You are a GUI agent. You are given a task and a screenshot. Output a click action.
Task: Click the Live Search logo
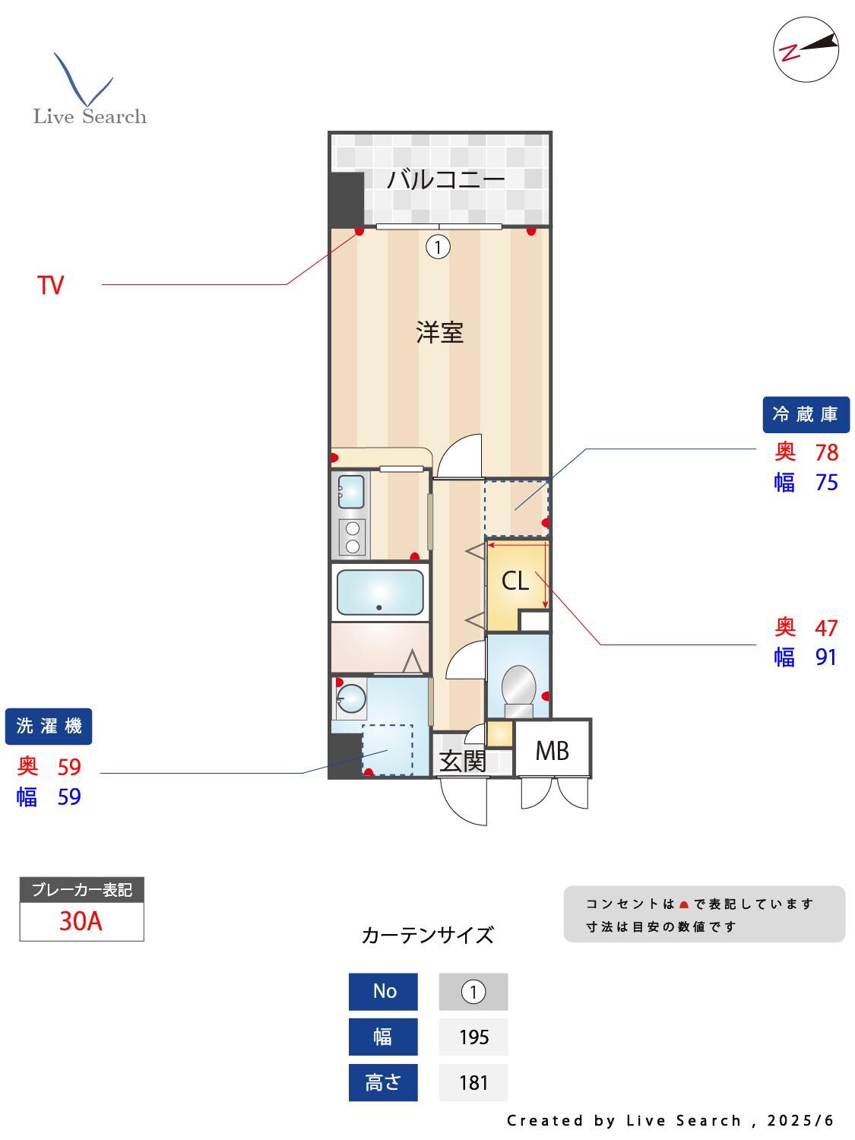(x=89, y=90)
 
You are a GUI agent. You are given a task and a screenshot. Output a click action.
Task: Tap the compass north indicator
(x=806, y=49)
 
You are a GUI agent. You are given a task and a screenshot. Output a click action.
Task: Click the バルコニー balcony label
(x=445, y=180)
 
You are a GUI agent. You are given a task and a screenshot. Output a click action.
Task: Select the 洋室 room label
(x=439, y=333)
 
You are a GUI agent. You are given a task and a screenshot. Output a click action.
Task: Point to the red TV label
(x=51, y=286)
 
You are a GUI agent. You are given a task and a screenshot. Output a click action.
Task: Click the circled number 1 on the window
(x=438, y=247)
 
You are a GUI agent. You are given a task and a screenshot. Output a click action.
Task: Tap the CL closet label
(x=515, y=581)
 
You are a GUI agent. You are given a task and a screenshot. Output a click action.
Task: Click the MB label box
(x=552, y=751)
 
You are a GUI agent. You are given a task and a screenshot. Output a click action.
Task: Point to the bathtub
(x=380, y=592)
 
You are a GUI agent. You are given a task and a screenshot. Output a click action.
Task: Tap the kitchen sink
(x=350, y=492)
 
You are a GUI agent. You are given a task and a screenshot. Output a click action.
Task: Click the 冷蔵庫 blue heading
(x=805, y=415)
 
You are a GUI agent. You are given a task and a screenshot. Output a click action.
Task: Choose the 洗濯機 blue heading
(x=49, y=726)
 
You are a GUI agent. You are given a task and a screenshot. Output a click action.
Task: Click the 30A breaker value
(x=81, y=921)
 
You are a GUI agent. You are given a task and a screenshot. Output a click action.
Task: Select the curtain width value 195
(x=473, y=1037)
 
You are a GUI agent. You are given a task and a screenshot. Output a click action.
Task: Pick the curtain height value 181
(x=473, y=1082)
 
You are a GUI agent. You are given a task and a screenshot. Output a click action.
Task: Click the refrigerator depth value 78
(x=826, y=452)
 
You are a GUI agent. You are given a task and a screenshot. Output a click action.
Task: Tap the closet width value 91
(x=826, y=657)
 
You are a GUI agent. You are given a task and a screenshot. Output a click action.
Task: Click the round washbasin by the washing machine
(x=351, y=697)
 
